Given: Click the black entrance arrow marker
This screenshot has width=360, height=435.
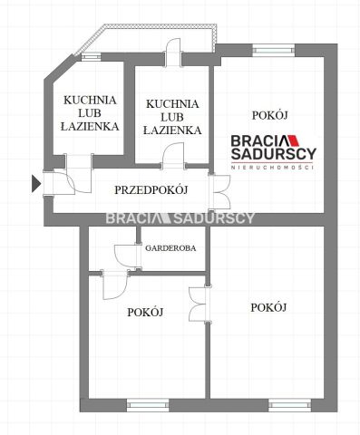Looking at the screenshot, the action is pos(36,184).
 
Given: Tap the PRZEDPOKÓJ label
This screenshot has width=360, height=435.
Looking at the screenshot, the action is pos(151,190).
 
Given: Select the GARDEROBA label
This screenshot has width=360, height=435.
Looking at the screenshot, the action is pos(170,248).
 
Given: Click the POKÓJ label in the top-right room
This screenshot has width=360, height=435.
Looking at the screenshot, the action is pos(269,115).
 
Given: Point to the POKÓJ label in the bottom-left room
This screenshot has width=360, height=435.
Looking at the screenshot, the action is pos(145,312).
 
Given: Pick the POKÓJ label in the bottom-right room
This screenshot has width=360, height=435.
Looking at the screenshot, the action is pos(268,307).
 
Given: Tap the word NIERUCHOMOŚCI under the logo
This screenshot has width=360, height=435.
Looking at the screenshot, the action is pos(272,167).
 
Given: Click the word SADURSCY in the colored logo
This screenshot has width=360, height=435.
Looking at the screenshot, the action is pos(274,153).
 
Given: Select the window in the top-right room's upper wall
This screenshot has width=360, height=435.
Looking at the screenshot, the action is pos(274,50).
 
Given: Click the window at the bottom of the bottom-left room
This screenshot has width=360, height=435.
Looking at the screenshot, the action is pos(148,405).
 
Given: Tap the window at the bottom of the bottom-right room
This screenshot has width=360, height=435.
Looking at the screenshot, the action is pos(290,405).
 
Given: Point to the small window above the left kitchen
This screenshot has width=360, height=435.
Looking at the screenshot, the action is pos(92,57).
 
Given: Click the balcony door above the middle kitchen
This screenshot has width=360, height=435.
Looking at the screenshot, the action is pos(173,52).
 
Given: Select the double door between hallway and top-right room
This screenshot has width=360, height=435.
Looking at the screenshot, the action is pos(219,191).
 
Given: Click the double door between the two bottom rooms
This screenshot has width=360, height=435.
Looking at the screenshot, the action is pos(199,304).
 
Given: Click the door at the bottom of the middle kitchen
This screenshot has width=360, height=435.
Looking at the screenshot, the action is pos(173,154).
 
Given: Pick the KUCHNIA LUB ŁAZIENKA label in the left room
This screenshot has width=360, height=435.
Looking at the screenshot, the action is pos(90,113).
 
